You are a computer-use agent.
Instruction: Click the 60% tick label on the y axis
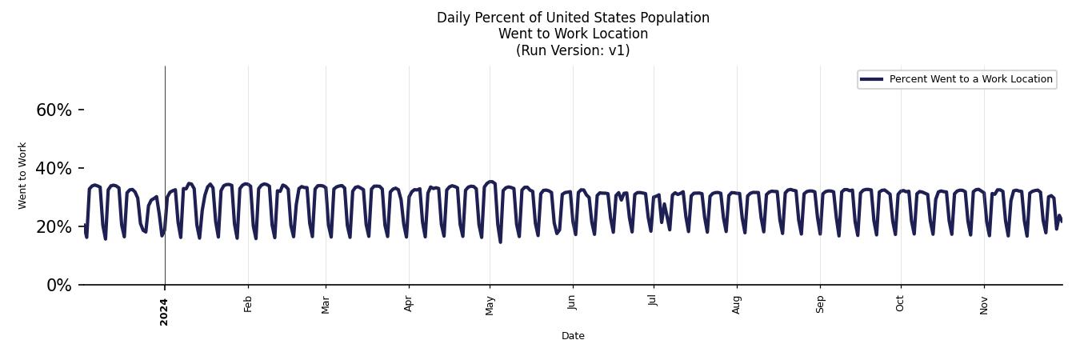[x=54, y=110]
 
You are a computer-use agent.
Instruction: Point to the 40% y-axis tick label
[x=54, y=168]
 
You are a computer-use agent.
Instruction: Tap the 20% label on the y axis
[x=54, y=226]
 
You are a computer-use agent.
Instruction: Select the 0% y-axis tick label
[x=58, y=286]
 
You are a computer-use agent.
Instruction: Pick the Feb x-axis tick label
[x=248, y=304]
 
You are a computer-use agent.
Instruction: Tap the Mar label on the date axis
[x=326, y=305]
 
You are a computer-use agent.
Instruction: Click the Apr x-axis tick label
[x=409, y=304]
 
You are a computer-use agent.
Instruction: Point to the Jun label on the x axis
[x=572, y=304]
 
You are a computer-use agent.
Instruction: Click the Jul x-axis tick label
[x=654, y=302]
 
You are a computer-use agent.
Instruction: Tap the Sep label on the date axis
[x=820, y=304]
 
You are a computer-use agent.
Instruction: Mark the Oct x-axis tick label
[x=901, y=304]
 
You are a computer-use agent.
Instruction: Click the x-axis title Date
[x=573, y=336]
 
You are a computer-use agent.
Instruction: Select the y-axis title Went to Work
[x=22, y=175]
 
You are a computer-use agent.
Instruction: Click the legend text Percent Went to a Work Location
[x=970, y=79]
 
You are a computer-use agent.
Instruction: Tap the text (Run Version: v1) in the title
[x=573, y=50]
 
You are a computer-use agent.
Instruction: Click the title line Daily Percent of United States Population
[x=573, y=18]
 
